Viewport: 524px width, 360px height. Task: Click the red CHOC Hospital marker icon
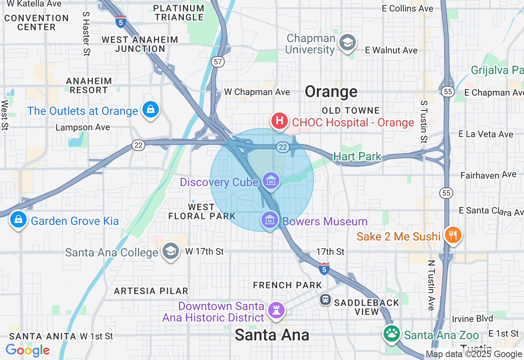[280, 122]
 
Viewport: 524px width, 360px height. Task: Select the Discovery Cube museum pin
[271, 180]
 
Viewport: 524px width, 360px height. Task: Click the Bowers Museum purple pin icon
[270, 220]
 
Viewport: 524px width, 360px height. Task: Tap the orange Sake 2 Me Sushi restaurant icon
[452, 235]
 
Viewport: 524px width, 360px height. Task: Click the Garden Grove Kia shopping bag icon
[18, 220]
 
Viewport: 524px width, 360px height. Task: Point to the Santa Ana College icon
[170, 251]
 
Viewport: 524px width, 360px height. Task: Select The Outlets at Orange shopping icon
[151, 110]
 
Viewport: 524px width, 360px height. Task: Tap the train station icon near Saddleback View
[325, 299]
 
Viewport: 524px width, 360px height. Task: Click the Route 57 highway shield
[218, 62]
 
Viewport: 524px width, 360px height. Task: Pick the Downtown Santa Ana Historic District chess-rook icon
[276, 310]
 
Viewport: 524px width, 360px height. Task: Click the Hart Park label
[357, 156]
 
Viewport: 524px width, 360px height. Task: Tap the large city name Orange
[331, 92]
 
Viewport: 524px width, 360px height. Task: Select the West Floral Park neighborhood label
[201, 211]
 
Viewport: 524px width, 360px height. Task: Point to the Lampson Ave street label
[83, 127]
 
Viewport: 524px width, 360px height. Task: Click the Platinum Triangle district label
[179, 13]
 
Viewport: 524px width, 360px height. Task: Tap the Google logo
[28, 350]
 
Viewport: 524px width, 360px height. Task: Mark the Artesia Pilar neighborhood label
[151, 291]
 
